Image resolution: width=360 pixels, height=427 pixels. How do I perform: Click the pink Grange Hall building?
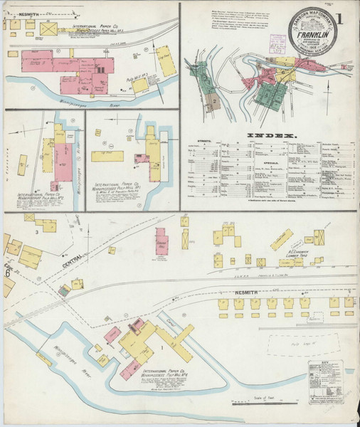coord(162,242)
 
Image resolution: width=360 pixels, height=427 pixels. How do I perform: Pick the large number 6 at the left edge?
coord(7,273)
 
